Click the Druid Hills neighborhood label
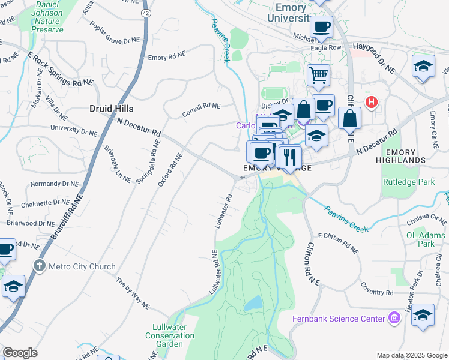pos(111,109)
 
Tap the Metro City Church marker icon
pos(40,265)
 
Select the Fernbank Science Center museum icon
pos(394,317)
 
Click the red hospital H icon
pos(372,102)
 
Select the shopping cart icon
pos(318,76)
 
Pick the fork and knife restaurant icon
pos(289,157)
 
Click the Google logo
pos(20,353)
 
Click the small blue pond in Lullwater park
pos(253,303)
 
